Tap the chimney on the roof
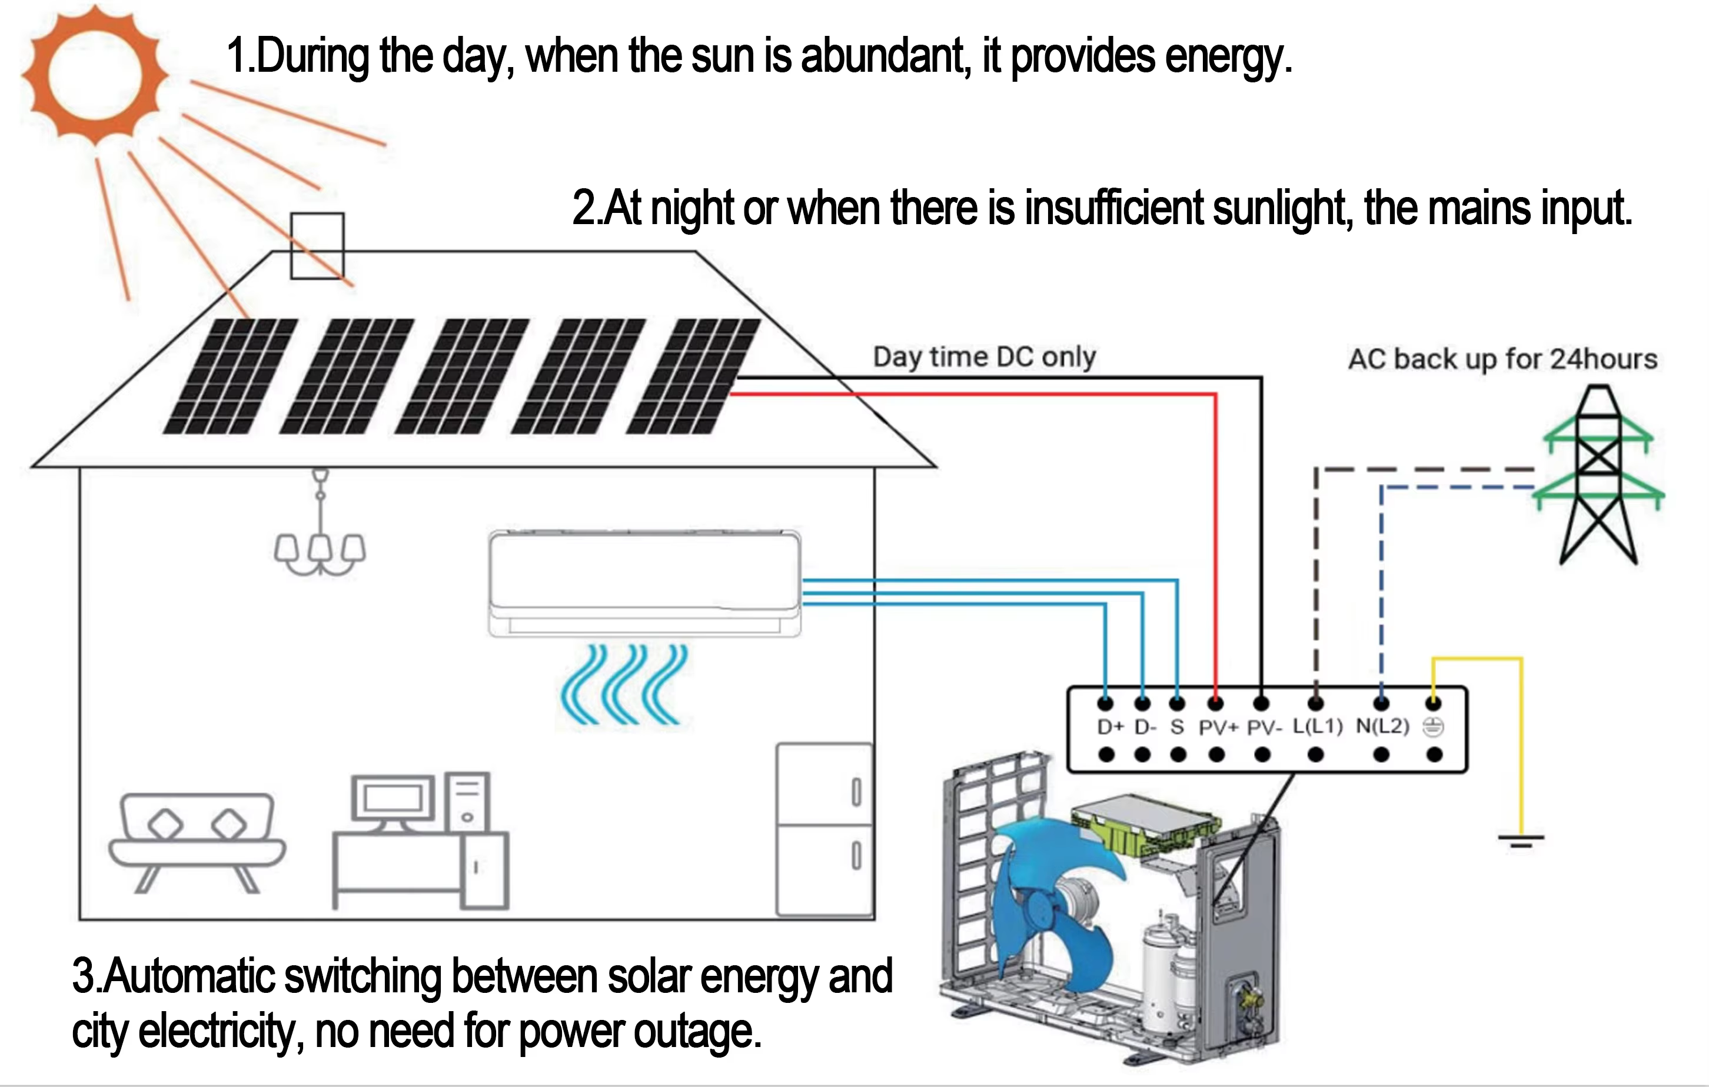[x=317, y=245]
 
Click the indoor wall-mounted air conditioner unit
[x=644, y=582]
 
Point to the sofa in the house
[x=197, y=837]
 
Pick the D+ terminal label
[x=1110, y=727]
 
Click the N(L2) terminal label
[x=1382, y=726]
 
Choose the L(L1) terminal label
[x=1317, y=726]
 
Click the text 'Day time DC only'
[x=985, y=357]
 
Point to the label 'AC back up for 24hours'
[x=1502, y=359]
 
